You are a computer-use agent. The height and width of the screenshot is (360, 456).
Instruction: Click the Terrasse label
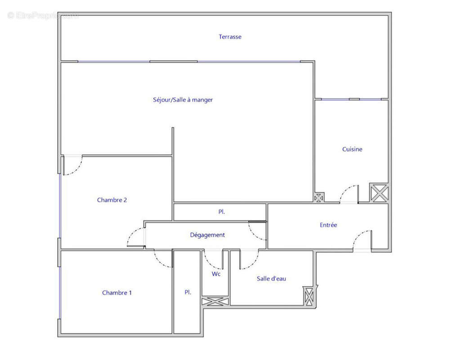point(230,37)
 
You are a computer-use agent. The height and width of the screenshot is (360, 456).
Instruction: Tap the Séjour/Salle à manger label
point(183,100)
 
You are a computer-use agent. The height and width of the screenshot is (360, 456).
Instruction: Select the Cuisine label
point(352,149)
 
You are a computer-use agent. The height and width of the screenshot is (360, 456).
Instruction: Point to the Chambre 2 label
point(112,200)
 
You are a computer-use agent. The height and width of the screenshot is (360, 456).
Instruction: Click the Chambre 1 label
point(117,293)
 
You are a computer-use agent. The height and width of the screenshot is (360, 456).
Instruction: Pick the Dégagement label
point(207,235)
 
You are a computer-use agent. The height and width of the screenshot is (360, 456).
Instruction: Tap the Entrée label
point(328,225)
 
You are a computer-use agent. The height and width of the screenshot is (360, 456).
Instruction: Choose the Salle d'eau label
point(271,279)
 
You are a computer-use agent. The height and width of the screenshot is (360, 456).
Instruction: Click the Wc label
point(216,274)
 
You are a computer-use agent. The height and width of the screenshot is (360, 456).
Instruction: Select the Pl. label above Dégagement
point(222,212)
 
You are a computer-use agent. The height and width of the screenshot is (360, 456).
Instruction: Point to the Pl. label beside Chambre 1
point(188,292)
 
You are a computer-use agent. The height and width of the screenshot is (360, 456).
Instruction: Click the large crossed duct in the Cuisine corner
point(379,193)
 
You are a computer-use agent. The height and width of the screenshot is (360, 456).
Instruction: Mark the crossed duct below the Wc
point(215,301)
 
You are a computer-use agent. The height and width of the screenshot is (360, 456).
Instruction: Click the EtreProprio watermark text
point(43,15)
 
